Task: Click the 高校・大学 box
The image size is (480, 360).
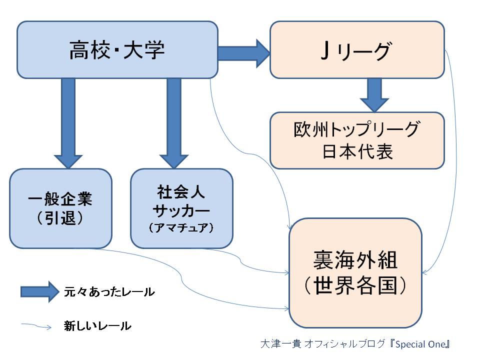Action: pos(117,49)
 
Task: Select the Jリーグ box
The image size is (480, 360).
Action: pos(357,49)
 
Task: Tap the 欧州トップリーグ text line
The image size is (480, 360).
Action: pos(357,129)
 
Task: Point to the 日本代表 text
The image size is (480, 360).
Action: pos(357,151)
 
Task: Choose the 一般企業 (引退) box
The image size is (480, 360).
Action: pos(60,208)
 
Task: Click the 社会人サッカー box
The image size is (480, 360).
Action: pos(182,208)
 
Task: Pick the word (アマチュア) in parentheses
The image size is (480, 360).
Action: pos(181,227)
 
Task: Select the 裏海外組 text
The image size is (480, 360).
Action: pos(355,260)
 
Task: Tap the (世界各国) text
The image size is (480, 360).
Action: pos(355,285)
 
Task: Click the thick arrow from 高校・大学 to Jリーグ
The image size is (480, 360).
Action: pos(244,53)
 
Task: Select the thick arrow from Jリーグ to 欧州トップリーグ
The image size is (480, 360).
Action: pos(374,95)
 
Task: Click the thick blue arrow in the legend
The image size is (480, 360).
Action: pos(40,291)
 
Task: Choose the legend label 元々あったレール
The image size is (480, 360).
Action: pos(109,291)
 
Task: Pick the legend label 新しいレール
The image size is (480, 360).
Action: pos(97,325)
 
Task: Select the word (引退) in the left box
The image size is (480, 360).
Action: pos(60,218)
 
